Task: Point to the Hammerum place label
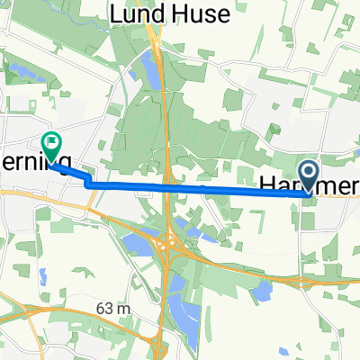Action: click(x=310, y=185)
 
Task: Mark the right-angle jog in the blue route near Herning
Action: click(x=89, y=184)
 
